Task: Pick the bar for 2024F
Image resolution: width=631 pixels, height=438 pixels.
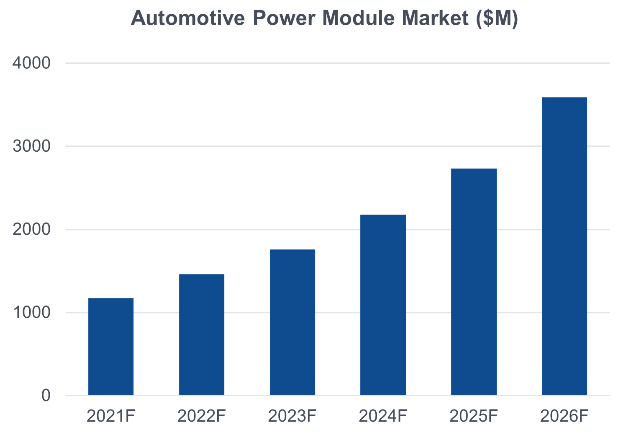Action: (x=383, y=305)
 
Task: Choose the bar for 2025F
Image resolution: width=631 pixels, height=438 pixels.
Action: (x=474, y=282)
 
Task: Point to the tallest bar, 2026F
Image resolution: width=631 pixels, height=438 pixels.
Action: (x=564, y=246)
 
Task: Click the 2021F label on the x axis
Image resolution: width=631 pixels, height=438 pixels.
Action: (x=111, y=416)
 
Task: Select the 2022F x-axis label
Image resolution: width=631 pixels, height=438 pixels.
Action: (x=202, y=416)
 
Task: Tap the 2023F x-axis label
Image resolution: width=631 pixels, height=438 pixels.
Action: (x=292, y=416)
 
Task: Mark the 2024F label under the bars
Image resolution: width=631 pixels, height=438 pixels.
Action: (x=383, y=416)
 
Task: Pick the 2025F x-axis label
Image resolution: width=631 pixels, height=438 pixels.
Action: (x=474, y=416)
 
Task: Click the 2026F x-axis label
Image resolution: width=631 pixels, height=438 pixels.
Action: (x=564, y=416)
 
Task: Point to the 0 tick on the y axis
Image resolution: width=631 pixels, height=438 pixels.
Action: (x=46, y=395)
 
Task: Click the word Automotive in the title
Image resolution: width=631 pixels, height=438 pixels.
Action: (x=188, y=18)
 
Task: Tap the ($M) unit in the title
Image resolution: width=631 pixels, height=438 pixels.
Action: (x=497, y=18)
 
